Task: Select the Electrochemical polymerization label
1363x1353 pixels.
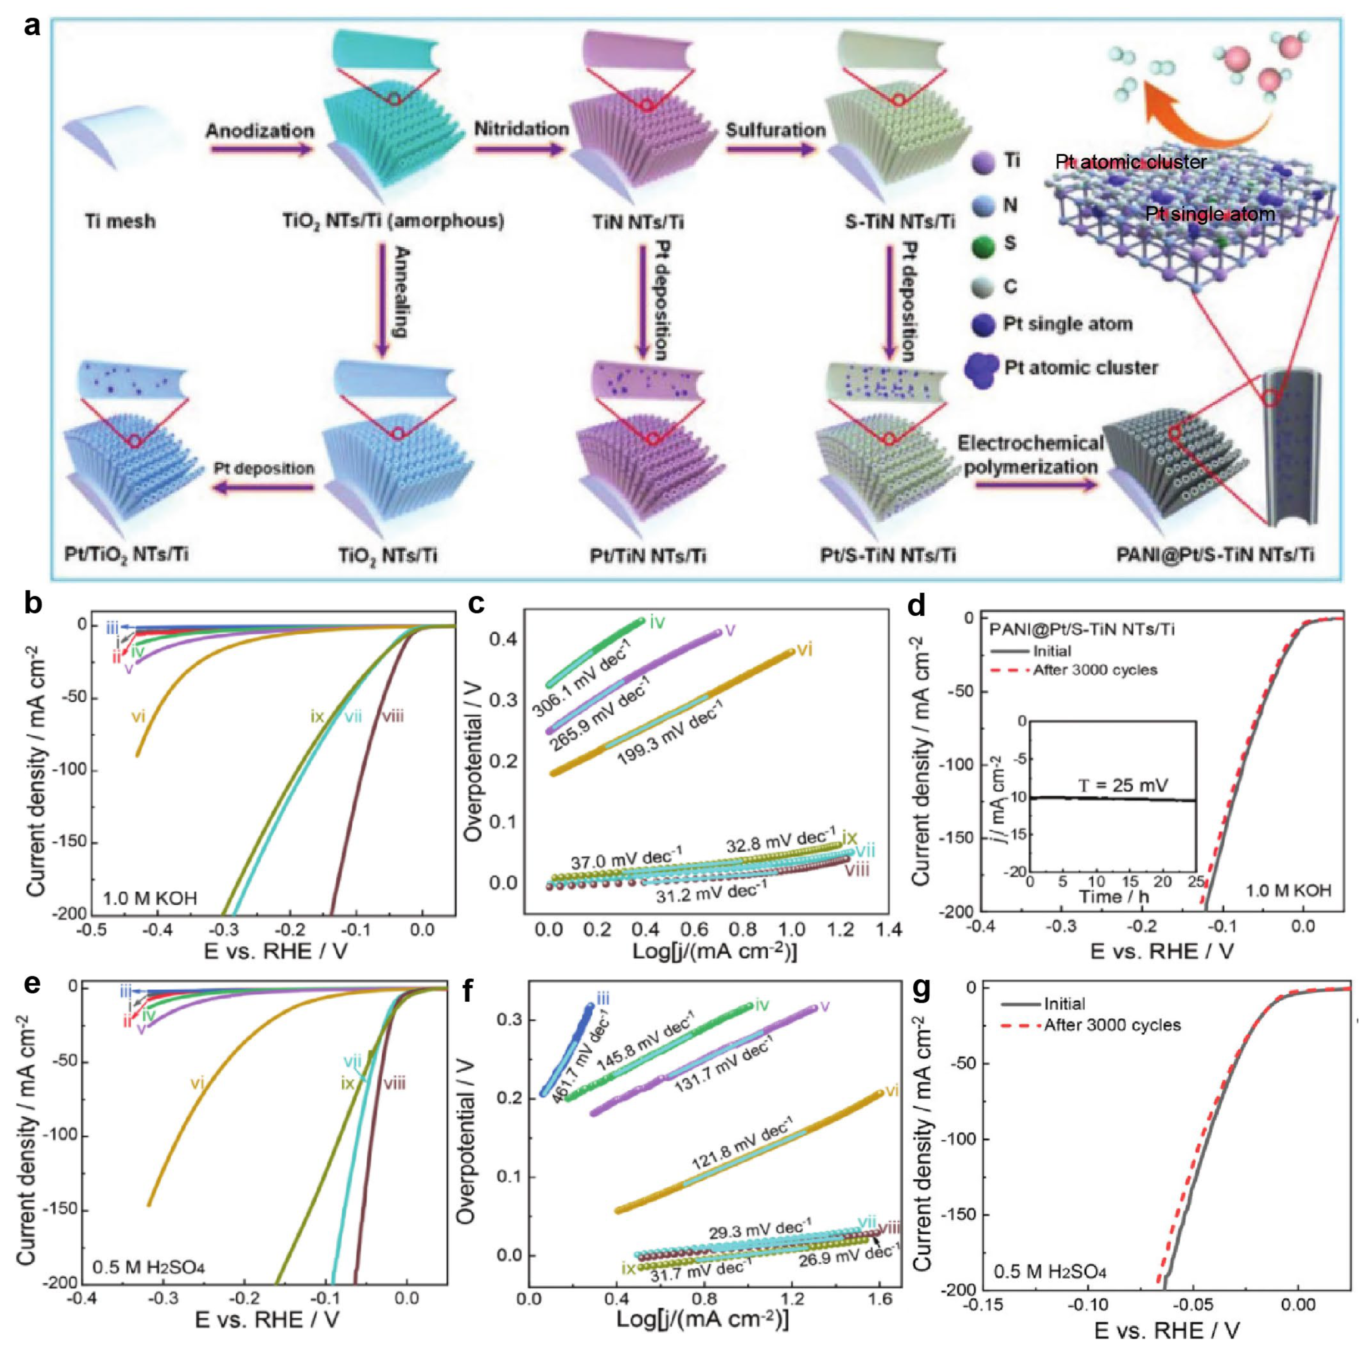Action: [x=1030, y=455]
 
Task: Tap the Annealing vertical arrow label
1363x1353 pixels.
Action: [x=401, y=291]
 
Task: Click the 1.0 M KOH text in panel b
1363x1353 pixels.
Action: [x=150, y=899]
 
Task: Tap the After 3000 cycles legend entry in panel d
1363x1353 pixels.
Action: [x=1095, y=670]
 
